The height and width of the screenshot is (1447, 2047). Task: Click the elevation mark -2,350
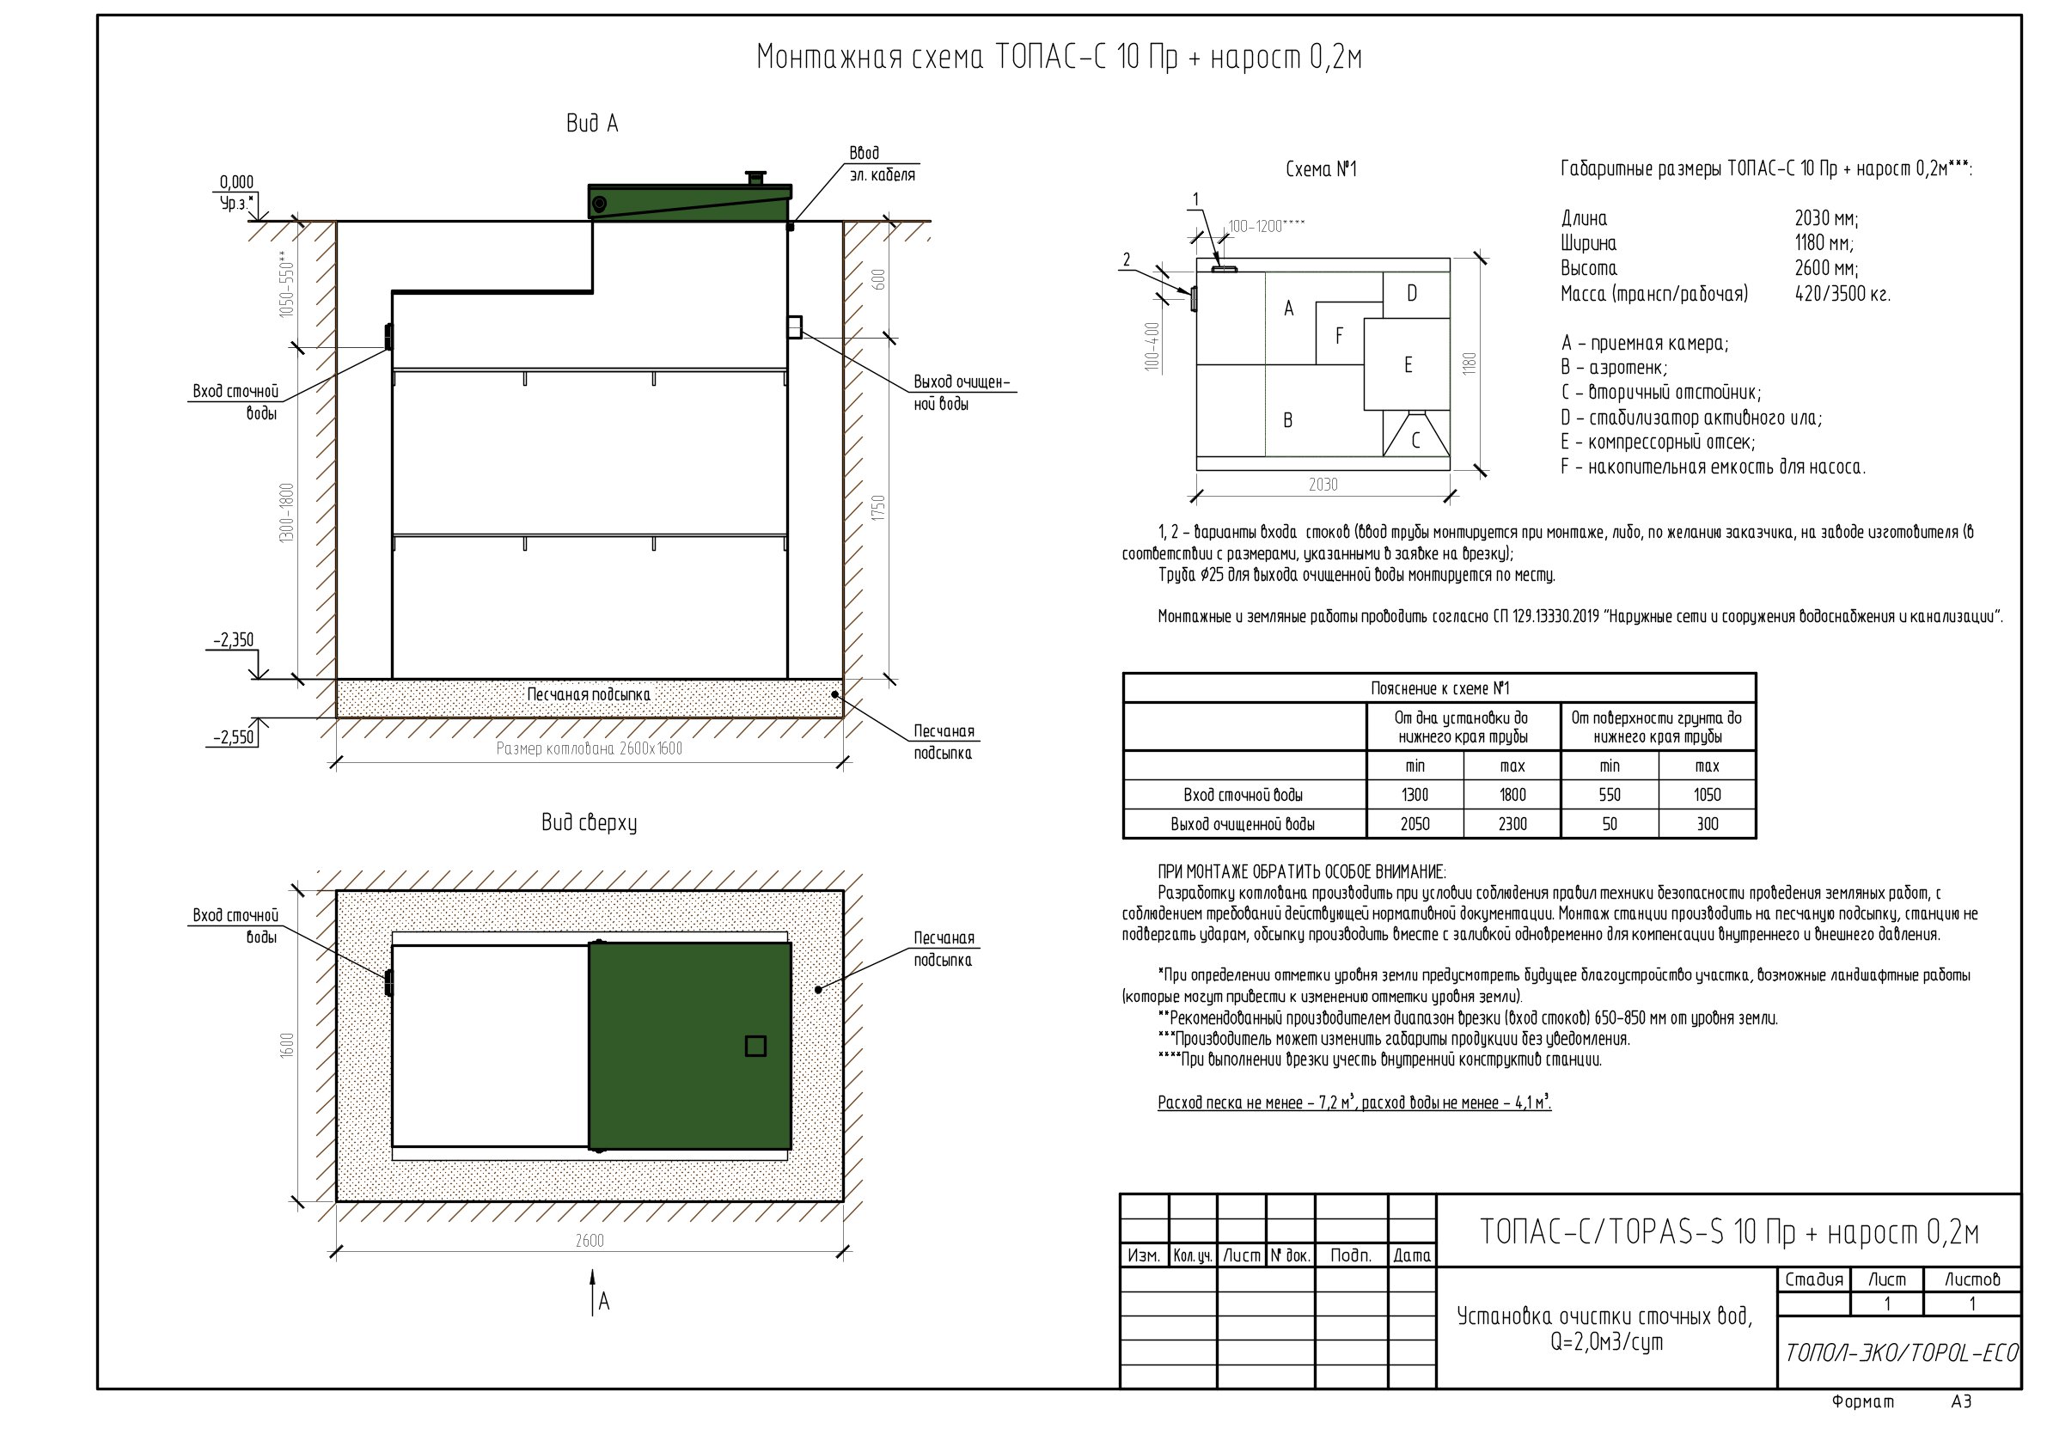point(234,640)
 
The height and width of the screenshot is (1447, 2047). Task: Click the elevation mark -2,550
point(234,737)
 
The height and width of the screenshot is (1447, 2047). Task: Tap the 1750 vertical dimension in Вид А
point(879,509)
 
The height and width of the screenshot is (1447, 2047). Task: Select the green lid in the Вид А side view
point(690,201)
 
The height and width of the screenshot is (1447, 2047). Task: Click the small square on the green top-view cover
point(755,1046)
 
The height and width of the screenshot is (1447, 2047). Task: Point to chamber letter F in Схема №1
point(1339,336)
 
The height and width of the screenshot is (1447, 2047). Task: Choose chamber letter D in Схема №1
point(1412,293)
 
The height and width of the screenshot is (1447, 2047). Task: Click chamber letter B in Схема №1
point(1287,420)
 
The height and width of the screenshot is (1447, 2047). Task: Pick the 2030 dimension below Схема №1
point(1323,484)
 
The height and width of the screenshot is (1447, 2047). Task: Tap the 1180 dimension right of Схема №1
point(1470,363)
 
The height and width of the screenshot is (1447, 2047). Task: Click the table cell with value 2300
point(1513,824)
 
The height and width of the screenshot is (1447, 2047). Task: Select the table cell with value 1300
point(1415,794)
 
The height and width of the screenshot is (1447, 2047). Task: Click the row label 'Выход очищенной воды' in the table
point(1243,824)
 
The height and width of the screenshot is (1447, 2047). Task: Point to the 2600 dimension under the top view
point(590,1240)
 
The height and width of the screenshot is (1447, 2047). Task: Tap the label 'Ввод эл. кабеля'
point(882,164)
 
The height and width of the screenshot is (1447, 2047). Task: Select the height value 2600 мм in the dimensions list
point(1827,268)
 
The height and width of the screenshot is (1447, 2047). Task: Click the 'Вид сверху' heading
point(590,822)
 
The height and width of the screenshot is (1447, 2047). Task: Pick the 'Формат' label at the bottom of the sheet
point(1863,1401)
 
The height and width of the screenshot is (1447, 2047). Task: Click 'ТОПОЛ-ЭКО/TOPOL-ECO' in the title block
point(1901,1353)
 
